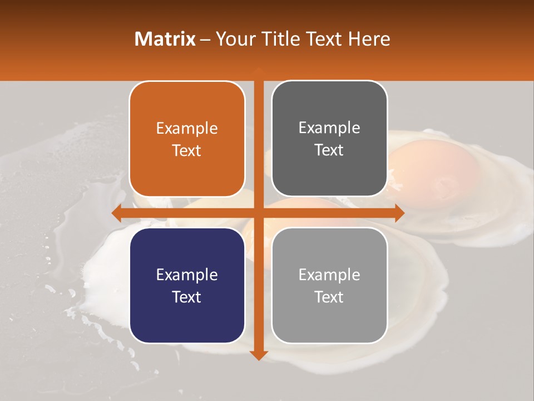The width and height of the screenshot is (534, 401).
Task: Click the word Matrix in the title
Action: (x=165, y=39)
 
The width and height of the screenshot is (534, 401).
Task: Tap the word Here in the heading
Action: (x=369, y=39)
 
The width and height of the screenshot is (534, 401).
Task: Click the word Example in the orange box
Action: (x=187, y=129)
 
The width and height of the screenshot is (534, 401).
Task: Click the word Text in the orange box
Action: (x=187, y=151)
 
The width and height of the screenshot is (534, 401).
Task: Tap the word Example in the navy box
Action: (x=187, y=275)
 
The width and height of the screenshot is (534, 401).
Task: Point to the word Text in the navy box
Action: (x=187, y=297)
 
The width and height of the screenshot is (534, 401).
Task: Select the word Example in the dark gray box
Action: (x=329, y=128)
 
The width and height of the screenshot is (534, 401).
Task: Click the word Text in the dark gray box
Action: (x=329, y=150)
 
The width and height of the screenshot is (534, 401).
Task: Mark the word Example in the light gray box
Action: (x=329, y=275)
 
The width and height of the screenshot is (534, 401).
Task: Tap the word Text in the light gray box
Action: (x=329, y=297)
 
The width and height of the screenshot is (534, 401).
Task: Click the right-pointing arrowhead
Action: (x=399, y=213)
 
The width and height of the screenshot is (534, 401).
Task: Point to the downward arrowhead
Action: (x=259, y=355)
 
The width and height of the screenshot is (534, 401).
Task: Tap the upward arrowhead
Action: (x=259, y=70)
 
